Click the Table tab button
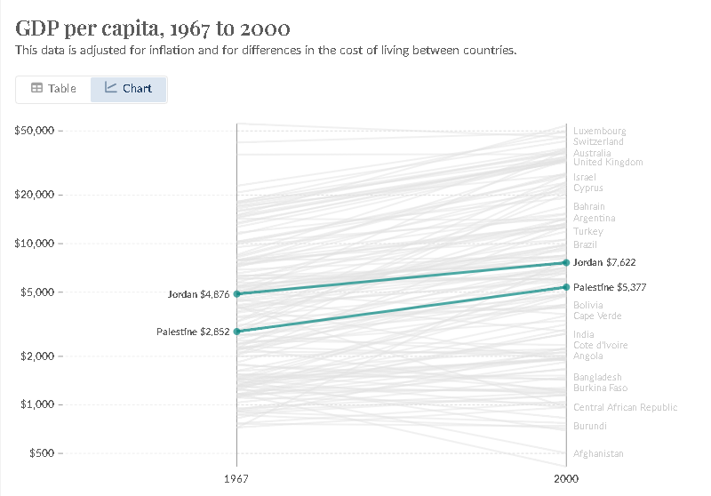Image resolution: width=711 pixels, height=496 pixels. [x=53, y=89]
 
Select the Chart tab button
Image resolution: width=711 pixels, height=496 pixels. [x=128, y=89]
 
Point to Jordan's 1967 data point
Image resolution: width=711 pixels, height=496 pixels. [x=236, y=293]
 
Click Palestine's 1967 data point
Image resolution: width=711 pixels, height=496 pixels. [x=236, y=332]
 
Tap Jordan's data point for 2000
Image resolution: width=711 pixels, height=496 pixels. [x=566, y=262]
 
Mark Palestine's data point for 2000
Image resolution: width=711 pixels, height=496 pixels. [x=566, y=287]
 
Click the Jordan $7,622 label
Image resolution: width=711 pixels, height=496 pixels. [x=604, y=262]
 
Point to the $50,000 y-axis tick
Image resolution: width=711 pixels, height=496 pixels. [x=35, y=131]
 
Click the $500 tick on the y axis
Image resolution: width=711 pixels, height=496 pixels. [x=40, y=453]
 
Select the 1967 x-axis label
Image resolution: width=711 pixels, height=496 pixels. [x=236, y=478]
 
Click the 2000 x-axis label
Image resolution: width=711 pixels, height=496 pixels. [x=566, y=478]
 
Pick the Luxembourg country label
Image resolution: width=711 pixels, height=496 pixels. [x=599, y=131]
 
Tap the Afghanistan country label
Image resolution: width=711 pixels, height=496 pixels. [x=598, y=454]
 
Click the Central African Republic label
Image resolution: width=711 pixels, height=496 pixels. [x=625, y=408]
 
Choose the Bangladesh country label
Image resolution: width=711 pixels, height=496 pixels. [x=597, y=377]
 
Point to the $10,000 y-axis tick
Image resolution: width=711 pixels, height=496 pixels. [x=35, y=244]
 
